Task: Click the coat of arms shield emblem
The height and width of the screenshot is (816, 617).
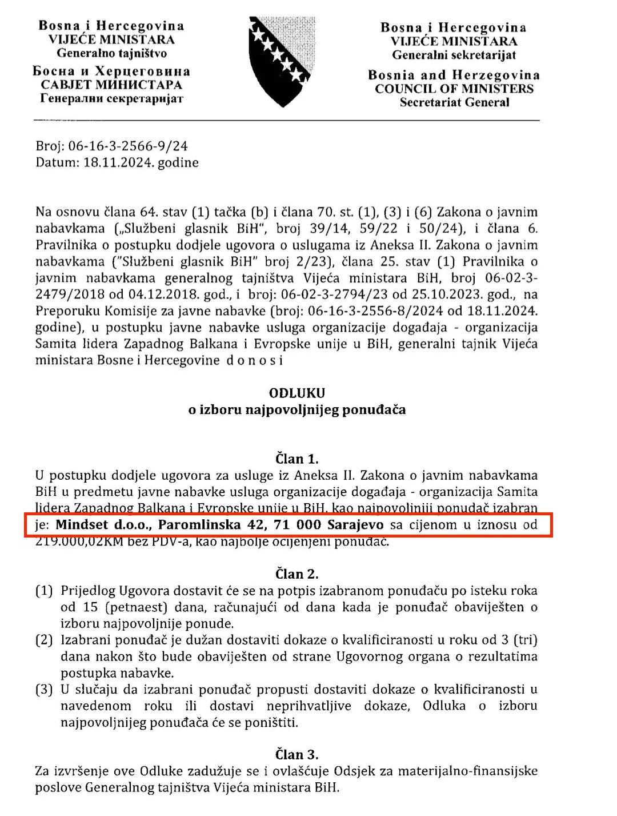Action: [279, 61]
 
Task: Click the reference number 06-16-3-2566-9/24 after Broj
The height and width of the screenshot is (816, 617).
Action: [128, 146]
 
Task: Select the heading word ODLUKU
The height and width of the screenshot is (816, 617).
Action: [297, 393]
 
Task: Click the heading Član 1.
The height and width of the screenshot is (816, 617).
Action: [297, 459]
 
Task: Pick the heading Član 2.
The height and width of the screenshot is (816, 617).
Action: [297, 574]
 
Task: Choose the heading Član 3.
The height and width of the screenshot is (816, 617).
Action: [297, 754]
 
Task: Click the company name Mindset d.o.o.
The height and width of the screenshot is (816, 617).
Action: [103, 525]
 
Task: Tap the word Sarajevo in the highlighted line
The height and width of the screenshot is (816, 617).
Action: [355, 525]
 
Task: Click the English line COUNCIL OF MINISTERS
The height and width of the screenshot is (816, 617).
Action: [454, 89]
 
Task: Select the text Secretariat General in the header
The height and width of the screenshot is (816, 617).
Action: [454, 103]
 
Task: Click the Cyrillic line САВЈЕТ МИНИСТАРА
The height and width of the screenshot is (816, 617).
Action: [111, 85]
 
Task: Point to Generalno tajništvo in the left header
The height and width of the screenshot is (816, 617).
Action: [111, 54]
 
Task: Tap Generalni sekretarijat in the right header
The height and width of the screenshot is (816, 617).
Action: [454, 55]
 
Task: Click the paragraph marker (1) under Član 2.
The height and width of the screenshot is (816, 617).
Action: [44, 591]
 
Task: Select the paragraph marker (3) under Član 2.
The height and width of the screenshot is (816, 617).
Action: [44, 690]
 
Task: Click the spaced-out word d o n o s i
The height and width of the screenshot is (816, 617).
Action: [255, 360]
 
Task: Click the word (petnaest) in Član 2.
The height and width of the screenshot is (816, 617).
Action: [134, 607]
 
